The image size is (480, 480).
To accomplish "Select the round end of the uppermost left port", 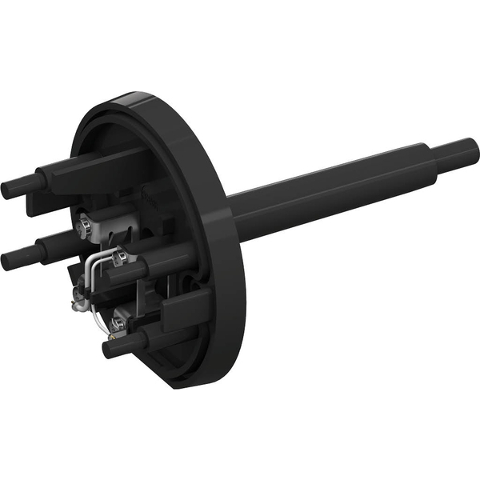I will [8, 190].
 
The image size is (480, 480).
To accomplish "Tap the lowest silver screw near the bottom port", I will [118, 323].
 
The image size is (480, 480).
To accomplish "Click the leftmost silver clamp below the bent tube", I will [78, 302].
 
